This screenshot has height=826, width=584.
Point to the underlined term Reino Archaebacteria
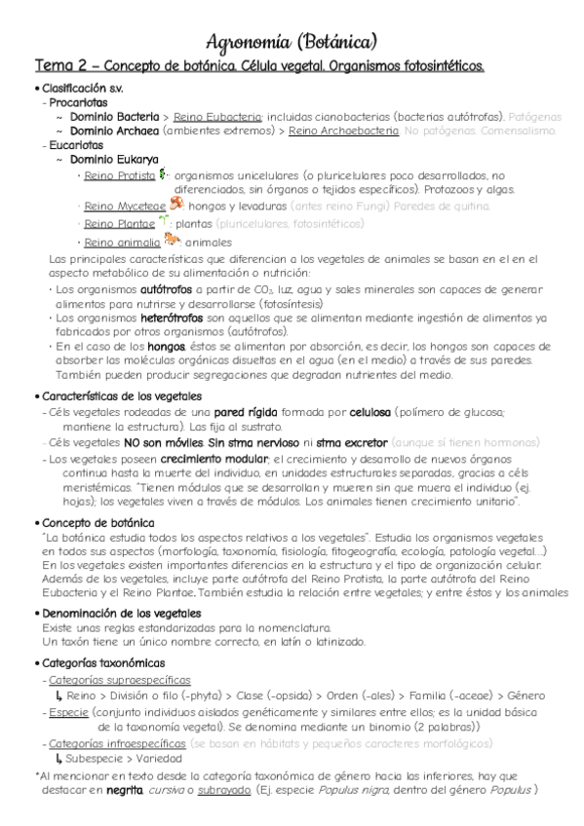(343, 129)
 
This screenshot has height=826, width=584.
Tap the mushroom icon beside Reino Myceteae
(176, 205)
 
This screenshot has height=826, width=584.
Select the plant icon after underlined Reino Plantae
(164, 223)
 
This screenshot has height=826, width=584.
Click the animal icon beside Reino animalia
(173, 240)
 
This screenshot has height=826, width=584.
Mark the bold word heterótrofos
(173, 318)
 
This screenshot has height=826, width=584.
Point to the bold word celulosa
(330, 413)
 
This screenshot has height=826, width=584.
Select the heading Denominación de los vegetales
(121, 613)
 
